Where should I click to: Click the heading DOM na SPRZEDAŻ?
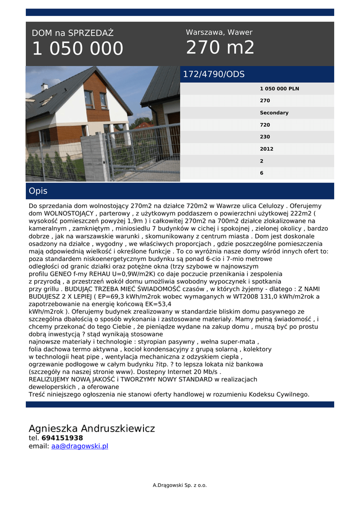tap(72, 33)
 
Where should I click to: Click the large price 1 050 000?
tap(77, 49)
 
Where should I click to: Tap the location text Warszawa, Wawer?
tap(219, 32)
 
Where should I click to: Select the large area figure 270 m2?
tap(220, 48)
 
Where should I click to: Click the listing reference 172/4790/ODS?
tap(214, 74)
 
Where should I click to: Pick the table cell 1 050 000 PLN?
tap(279, 89)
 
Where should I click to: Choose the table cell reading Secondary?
tap(274, 113)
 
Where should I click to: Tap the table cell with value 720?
tap(265, 125)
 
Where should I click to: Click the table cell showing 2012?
tap(266, 149)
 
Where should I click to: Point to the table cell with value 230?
tap(265, 137)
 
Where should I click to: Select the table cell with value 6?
tap(262, 173)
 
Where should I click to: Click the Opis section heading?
tap(38, 191)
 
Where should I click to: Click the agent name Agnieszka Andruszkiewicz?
tap(92, 428)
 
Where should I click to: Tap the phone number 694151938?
tap(62, 438)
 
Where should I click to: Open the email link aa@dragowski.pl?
tap(79, 446)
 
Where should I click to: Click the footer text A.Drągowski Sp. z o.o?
tap(180, 485)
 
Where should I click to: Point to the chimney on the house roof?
tap(44, 87)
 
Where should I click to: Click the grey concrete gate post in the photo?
tap(93, 158)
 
